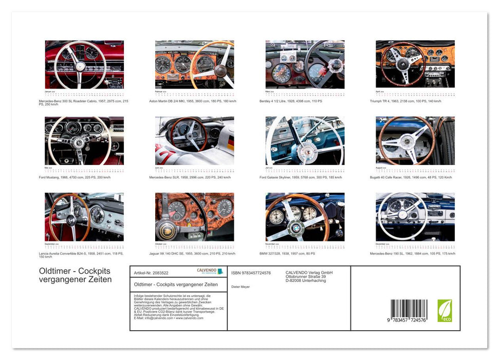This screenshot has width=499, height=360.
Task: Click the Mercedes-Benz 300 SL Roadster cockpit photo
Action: click(x=84, y=64)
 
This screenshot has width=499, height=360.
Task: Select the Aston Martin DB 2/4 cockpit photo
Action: click(x=194, y=64)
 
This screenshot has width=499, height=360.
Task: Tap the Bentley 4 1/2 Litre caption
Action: click(x=291, y=101)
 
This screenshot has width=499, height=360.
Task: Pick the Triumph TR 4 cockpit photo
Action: click(x=415, y=64)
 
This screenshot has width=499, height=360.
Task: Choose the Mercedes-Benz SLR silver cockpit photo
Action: click(x=194, y=140)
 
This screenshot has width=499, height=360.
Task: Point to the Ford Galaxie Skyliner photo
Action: click(x=305, y=140)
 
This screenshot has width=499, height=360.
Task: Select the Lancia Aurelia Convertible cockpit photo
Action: click(x=84, y=217)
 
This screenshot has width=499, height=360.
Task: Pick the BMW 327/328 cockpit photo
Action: click(x=305, y=217)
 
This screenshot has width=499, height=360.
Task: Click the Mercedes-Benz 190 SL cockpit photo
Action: click(x=415, y=217)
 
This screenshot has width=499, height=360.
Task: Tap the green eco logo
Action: click(x=445, y=311)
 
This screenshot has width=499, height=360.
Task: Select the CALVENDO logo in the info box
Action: click(x=210, y=271)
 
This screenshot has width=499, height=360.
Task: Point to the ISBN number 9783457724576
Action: click(x=251, y=273)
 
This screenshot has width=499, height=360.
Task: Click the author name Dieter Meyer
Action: click(x=240, y=287)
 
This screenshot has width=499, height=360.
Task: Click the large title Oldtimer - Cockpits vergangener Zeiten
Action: click(x=75, y=276)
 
